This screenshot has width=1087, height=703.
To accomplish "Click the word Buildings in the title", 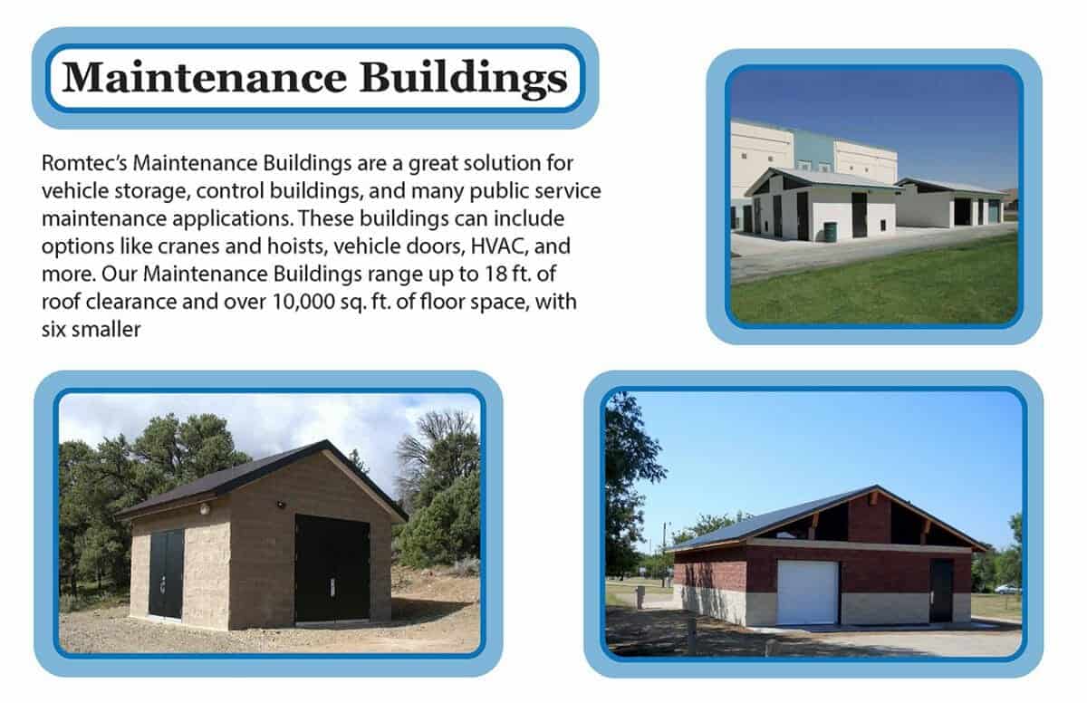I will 464,79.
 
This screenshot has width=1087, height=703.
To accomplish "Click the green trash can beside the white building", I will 830,231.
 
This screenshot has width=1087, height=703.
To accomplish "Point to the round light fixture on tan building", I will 204,509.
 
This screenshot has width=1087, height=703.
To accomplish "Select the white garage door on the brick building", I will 807,592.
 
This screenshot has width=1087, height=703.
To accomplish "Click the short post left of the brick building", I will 640,596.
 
